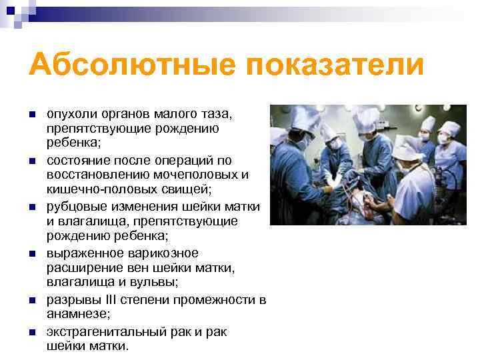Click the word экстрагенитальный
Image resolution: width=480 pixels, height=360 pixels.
101,331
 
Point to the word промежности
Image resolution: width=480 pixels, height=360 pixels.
220,299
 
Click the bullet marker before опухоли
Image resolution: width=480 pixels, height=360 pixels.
31,114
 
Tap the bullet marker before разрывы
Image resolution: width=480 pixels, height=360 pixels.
31,299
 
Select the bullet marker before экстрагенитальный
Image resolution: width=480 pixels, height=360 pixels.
31,331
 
